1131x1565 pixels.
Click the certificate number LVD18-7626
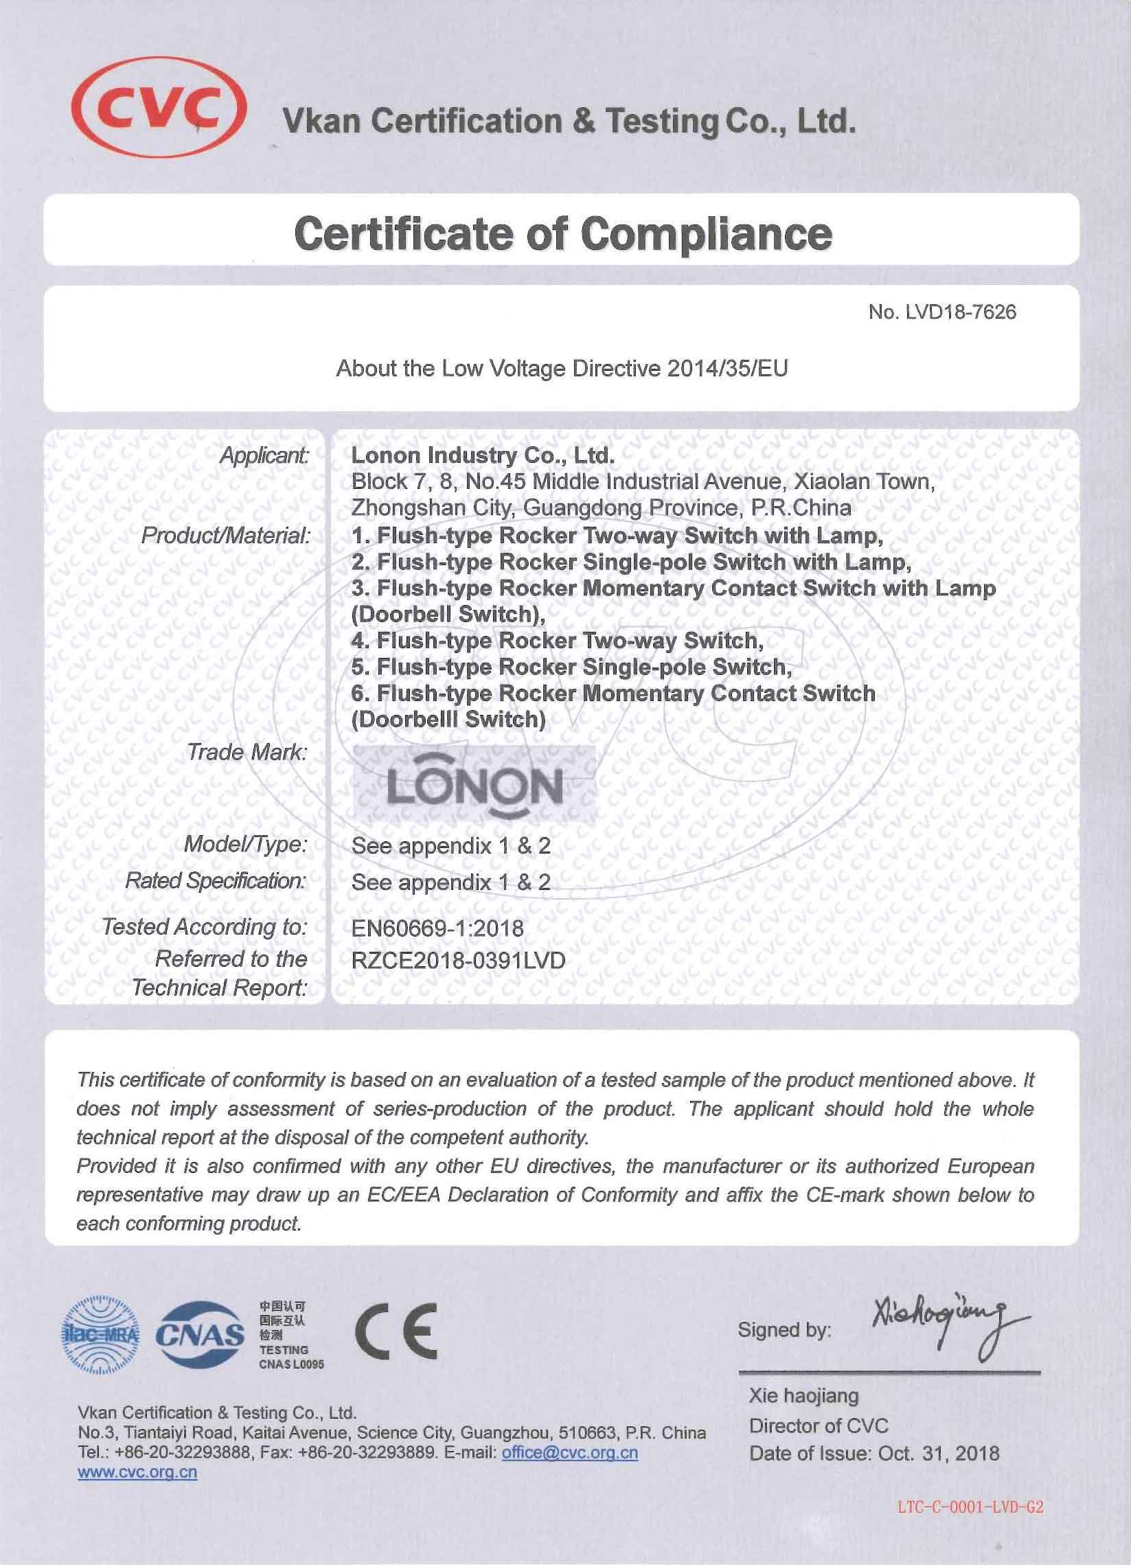(x=942, y=312)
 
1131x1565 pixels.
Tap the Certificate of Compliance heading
(x=562, y=233)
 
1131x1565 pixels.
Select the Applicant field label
(x=264, y=456)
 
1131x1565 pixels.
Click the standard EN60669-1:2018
(x=437, y=928)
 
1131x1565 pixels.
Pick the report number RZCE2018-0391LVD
(x=458, y=960)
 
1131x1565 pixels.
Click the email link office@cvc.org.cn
(x=569, y=1452)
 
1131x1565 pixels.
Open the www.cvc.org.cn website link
(x=138, y=1472)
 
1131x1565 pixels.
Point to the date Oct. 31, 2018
(x=938, y=1453)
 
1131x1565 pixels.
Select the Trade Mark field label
(x=247, y=752)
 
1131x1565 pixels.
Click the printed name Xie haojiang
(x=804, y=1395)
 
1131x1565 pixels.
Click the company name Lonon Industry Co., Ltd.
(x=481, y=456)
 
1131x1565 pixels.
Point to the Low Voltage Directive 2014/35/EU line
(x=562, y=369)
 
